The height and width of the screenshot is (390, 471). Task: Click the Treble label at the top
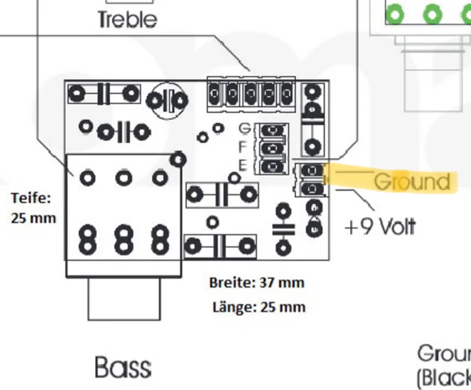[x=127, y=20]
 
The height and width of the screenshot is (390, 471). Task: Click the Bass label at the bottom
[x=122, y=367]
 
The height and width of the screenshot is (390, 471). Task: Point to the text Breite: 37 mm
[x=257, y=282]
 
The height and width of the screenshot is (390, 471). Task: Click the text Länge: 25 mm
[x=258, y=307]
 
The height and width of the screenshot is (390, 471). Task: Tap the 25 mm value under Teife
[x=33, y=217]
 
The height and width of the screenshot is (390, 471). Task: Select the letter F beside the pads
[x=243, y=146]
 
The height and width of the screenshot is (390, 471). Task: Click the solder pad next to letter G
[x=272, y=129]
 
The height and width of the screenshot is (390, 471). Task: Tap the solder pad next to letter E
[x=272, y=165]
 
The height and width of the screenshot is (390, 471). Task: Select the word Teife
[x=31, y=197]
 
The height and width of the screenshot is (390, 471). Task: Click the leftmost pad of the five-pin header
[x=214, y=92]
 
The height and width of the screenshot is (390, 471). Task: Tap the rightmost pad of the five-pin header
[x=287, y=92]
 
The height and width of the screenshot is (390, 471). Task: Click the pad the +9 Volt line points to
[x=312, y=190]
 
